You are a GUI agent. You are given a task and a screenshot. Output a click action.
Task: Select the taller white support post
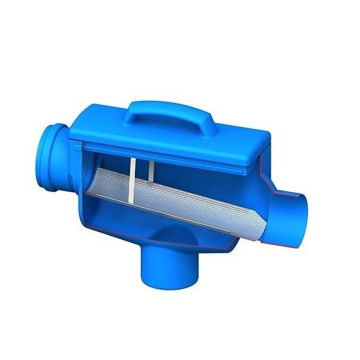[133, 175]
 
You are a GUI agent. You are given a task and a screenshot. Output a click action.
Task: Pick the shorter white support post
[151, 171]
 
